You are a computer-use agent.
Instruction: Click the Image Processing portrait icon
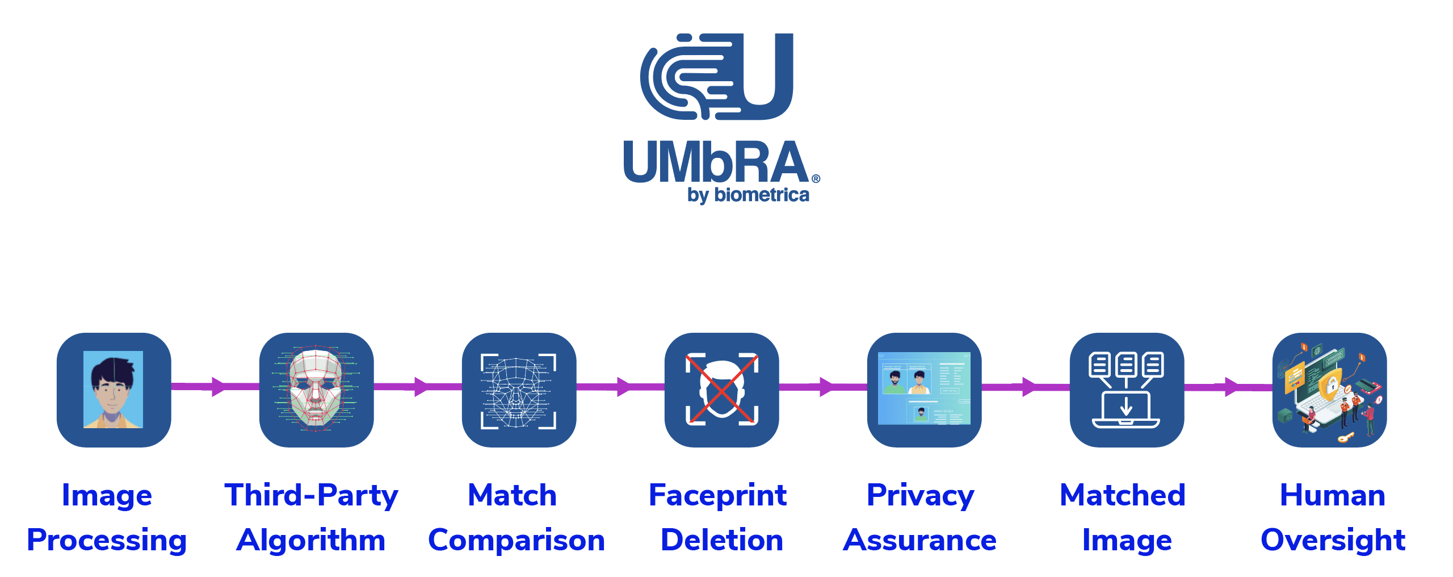pos(114,390)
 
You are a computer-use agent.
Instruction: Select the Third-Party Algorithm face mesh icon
pos(316,390)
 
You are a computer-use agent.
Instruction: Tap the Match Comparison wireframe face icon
pos(519,390)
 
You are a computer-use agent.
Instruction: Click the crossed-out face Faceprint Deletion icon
pos(721,390)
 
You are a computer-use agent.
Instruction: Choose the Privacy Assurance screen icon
pos(924,390)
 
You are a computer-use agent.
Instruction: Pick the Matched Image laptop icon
pos(1127,390)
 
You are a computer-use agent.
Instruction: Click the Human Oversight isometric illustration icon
pos(1329,390)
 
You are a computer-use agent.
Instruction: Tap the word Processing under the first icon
pos(107,540)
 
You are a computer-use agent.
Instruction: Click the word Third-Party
pos(311,495)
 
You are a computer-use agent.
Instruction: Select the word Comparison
pos(516,540)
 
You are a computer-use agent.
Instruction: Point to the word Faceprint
pos(717,495)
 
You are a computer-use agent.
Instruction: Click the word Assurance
pos(919,540)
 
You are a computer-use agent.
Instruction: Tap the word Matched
pos(1123,495)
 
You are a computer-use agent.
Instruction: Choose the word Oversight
pos(1333,540)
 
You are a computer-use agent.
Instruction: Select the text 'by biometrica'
pos(748,195)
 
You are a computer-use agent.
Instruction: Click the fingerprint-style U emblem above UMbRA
pos(716,76)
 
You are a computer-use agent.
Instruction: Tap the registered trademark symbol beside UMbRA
pos(816,179)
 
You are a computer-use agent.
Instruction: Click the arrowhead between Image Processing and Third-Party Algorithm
pos(218,387)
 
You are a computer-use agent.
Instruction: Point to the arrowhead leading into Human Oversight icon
pos(1231,387)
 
